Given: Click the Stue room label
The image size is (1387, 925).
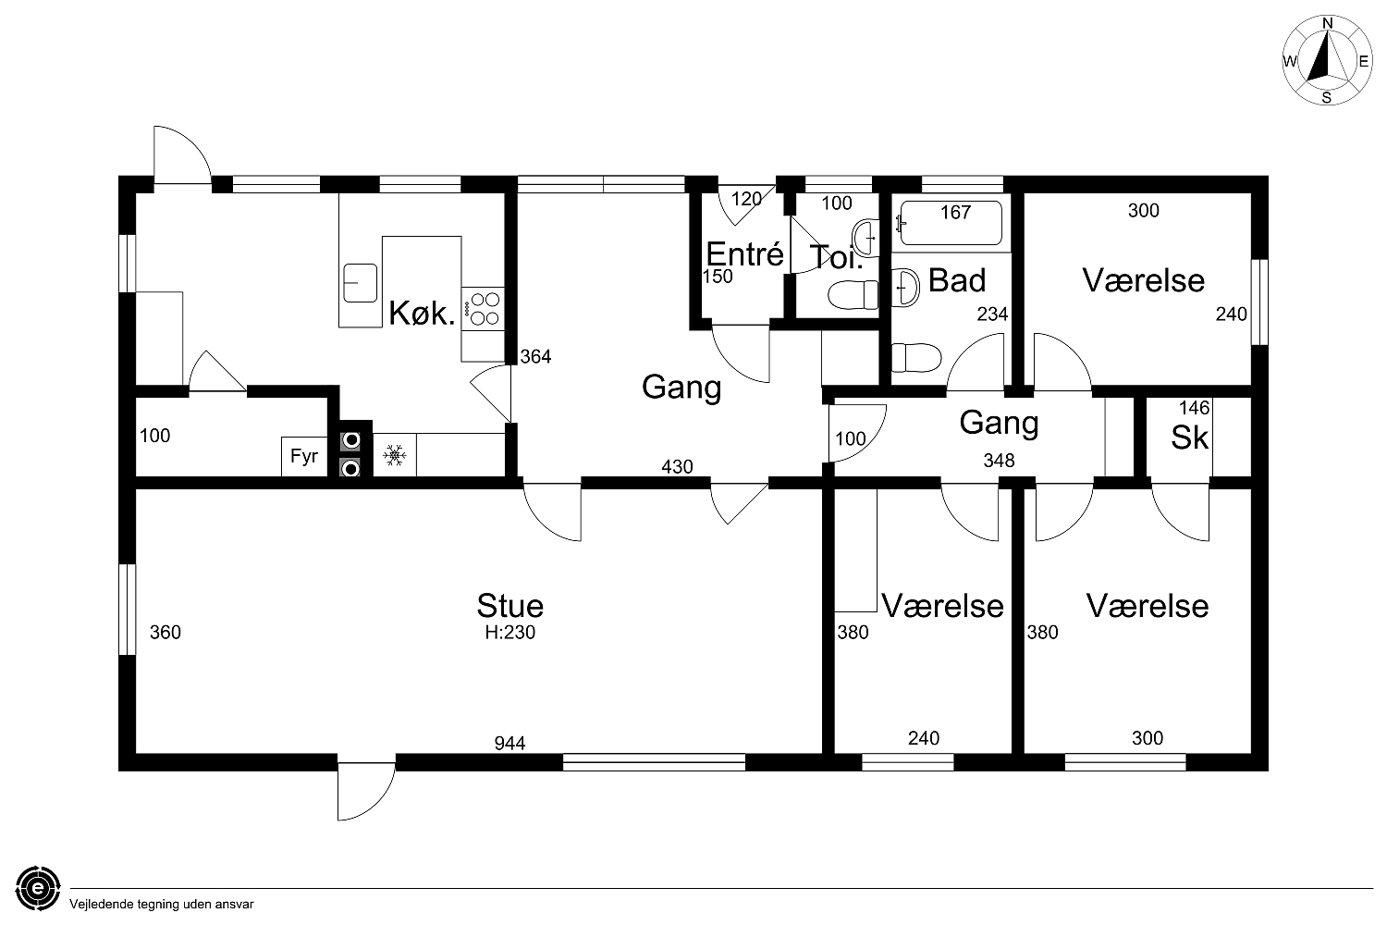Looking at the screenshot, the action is click(x=510, y=605).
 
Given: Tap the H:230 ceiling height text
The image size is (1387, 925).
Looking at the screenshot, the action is click(x=510, y=632).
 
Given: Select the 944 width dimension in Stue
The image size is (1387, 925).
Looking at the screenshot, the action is click(x=509, y=743).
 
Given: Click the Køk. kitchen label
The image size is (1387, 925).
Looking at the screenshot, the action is click(x=423, y=313).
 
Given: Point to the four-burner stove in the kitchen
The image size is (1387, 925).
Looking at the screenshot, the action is click(x=483, y=309).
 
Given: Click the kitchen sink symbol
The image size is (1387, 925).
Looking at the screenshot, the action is click(x=360, y=283).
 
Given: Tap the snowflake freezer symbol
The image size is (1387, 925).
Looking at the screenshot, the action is click(x=395, y=455).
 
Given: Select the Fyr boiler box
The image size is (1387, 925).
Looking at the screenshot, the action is click(x=304, y=457).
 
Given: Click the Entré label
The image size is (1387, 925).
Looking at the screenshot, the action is click(x=745, y=254).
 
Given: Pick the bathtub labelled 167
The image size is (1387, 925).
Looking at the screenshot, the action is click(x=950, y=223).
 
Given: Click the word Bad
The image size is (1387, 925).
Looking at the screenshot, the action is click(x=957, y=280).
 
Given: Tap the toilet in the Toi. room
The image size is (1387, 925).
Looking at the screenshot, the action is click(x=853, y=295).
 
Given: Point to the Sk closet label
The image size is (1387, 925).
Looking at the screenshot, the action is click(x=1189, y=438).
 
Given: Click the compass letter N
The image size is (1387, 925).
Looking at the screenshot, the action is click(x=1328, y=23).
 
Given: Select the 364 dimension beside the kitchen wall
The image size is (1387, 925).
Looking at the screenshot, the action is click(x=535, y=356).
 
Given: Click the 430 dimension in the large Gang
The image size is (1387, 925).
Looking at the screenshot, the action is click(x=677, y=466).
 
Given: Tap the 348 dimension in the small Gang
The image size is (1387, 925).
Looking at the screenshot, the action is click(x=999, y=461).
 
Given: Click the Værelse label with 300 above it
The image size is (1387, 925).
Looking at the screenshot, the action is click(x=1144, y=280).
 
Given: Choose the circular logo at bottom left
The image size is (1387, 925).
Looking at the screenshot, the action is click(x=39, y=888).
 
